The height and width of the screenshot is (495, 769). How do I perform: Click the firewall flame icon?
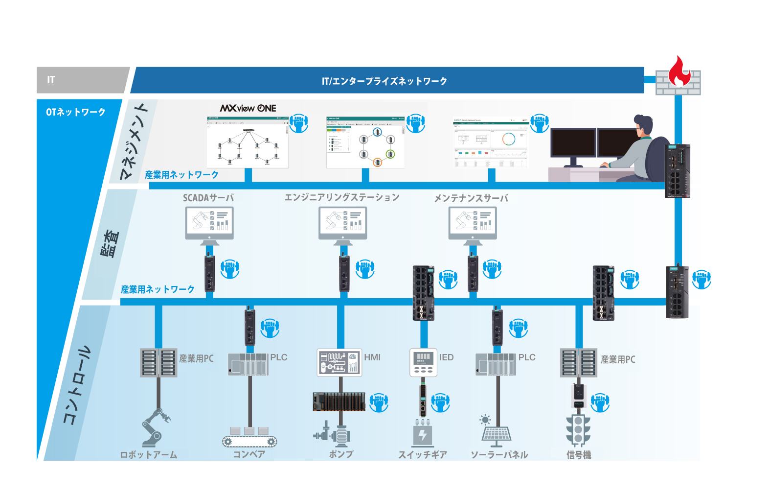679,71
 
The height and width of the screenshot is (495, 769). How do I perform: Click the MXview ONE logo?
248,108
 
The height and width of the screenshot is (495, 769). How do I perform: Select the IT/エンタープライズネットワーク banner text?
384,81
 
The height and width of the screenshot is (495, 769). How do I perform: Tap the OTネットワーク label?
76,112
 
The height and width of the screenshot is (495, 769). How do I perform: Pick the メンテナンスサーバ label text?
471,198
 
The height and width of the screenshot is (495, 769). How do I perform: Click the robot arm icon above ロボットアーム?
156,428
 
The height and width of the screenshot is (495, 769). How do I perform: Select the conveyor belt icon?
249,438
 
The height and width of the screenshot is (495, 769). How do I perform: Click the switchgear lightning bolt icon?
423,434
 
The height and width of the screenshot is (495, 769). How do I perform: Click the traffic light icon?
578,429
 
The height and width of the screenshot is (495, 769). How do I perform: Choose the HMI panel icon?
339,363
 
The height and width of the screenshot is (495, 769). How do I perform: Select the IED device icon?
423,363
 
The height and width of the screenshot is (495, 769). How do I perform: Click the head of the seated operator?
644,126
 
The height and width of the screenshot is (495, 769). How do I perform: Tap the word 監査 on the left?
110,244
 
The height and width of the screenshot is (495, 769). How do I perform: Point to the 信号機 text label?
579,455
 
